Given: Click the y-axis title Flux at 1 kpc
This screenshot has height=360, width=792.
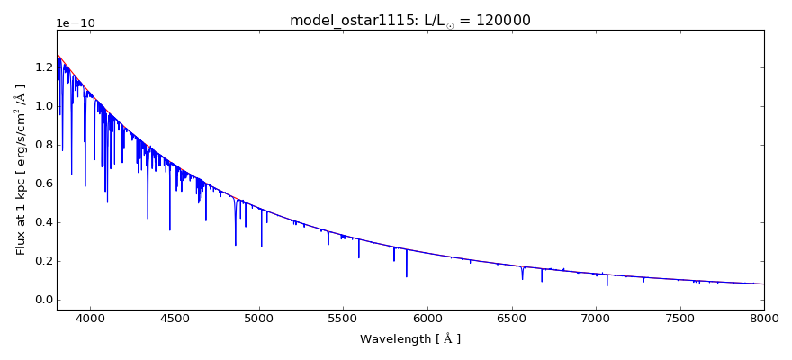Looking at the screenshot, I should coord(21,169).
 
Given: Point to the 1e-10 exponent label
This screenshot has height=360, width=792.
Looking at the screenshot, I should coord(76,23).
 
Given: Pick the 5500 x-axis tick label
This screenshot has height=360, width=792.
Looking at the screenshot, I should coord(343,319).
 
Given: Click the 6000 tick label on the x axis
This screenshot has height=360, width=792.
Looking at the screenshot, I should coord(427,319).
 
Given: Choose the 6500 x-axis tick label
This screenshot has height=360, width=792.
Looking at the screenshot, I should coord(511,319).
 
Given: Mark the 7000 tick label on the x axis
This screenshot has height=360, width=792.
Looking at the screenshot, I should coord(596,319).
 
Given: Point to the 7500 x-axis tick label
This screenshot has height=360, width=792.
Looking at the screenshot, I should coord(679,319).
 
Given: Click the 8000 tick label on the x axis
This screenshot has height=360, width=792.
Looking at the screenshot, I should coord(763,319).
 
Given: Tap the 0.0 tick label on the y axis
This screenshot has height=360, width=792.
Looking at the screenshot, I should coord(42,300).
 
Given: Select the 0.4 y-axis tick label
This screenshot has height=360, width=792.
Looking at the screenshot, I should coord(42,222).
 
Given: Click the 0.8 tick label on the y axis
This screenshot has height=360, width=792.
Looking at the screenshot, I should coord(42,145).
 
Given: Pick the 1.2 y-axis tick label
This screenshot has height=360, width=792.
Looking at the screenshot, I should coord(42,67).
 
